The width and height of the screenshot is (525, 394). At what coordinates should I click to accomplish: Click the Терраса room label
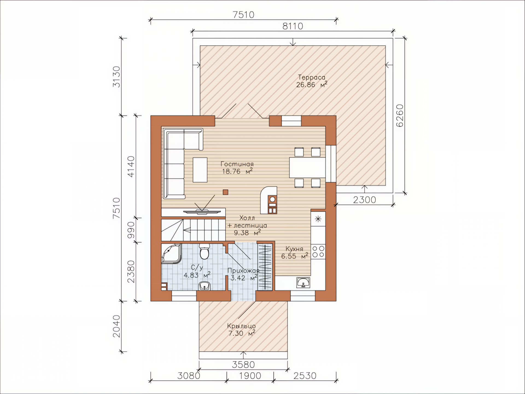coord(311,77)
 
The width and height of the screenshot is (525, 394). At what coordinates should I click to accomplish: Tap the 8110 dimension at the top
coord(293,26)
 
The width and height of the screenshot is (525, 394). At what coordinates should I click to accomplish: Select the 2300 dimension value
coord(364,200)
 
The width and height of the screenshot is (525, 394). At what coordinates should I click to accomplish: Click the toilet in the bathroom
coord(204,251)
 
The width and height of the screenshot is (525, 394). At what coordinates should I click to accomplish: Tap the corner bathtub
coord(171,254)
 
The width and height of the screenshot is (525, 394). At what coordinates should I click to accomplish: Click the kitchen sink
coord(303,282)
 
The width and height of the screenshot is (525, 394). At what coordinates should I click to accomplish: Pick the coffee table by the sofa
coord(200,170)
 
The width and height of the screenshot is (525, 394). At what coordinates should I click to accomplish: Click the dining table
coord(307,167)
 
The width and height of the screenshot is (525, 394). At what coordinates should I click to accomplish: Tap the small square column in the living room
coord(225,192)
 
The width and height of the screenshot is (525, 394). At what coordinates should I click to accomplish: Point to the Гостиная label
coord(237,164)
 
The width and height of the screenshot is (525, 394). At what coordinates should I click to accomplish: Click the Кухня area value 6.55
coord(288,256)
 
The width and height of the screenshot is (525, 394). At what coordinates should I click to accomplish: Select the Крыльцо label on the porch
coord(241,326)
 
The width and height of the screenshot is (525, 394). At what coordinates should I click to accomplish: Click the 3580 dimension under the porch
coord(243,365)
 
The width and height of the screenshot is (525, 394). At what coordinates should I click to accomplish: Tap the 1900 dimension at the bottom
coord(250,376)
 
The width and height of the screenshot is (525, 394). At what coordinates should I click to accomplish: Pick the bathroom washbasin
coord(204,286)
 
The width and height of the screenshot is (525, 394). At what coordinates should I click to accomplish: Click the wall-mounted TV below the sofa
coord(202,212)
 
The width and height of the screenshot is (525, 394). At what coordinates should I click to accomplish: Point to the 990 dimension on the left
coord(131,230)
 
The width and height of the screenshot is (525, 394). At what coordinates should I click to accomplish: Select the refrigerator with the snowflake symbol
coord(318,219)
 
